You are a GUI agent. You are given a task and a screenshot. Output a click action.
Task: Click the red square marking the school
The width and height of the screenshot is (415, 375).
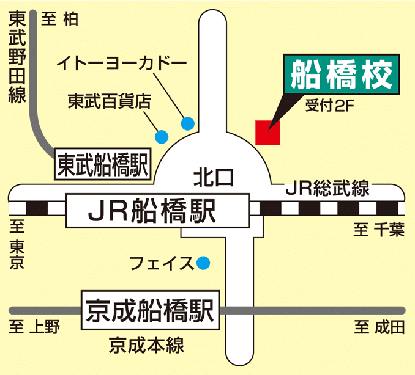coord(267,133)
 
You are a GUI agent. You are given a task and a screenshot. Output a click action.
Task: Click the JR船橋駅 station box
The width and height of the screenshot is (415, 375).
coord(158,209)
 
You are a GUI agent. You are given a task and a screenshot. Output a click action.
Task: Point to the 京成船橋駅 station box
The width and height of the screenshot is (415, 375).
coord(150,310)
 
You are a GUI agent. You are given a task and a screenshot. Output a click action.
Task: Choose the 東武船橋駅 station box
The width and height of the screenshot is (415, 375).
coord(103,163)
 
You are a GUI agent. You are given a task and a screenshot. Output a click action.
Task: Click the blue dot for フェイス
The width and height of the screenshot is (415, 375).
coord(203,263)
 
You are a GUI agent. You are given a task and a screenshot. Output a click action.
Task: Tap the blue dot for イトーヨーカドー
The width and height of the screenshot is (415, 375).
coord(188,124)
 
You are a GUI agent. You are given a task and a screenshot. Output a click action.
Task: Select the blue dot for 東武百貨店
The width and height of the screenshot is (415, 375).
coord(162,136)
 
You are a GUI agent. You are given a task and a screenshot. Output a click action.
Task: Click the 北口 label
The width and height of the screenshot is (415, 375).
coord(214,178)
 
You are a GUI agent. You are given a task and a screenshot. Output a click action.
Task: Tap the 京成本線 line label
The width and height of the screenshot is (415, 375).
coord(146,346)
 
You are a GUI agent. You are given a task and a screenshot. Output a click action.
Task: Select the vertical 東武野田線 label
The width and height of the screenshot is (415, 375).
coord(16,58)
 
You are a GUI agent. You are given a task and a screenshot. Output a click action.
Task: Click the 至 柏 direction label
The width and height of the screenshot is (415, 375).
coord(59,20)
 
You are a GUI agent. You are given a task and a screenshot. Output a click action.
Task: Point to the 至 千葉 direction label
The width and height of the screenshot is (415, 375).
coord(379,230)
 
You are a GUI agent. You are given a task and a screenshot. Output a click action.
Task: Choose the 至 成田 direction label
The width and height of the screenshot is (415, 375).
coord(379,328)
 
